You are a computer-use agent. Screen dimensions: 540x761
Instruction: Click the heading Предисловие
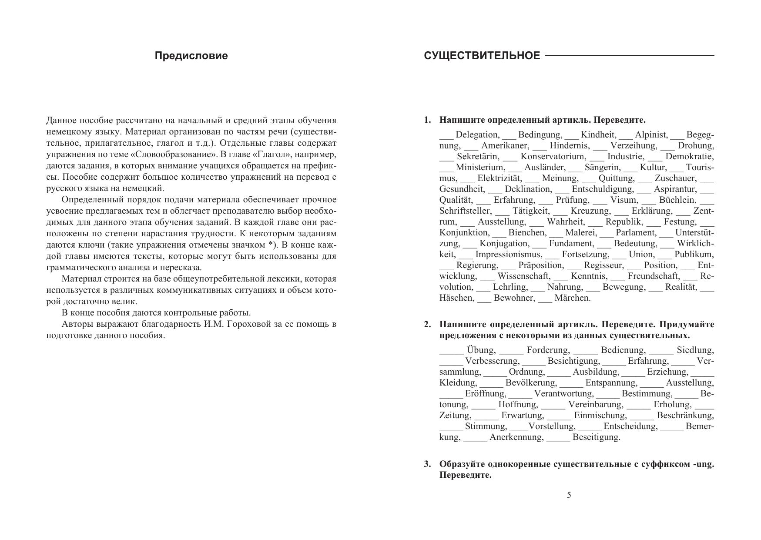click(x=191, y=56)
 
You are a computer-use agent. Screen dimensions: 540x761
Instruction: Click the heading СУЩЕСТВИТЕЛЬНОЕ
click(x=482, y=56)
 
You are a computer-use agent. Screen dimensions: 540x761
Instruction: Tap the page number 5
click(x=569, y=495)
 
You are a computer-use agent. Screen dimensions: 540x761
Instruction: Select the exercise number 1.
click(x=427, y=120)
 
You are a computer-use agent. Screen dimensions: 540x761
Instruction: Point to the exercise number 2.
click(x=427, y=325)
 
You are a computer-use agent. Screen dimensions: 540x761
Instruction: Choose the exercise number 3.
click(x=427, y=464)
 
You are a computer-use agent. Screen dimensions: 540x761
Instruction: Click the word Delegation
click(x=477, y=135)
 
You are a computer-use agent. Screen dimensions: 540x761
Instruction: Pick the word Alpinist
click(x=651, y=135)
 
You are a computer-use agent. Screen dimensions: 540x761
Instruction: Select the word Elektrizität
click(x=499, y=178)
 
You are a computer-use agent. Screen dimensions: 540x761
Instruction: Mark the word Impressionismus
click(x=509, y=255)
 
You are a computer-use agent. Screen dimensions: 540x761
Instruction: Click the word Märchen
click(x=573, y=298)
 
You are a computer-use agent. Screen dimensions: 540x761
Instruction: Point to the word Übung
click(x=481, y=350)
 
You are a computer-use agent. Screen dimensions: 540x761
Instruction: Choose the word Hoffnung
click(x=518, y=405)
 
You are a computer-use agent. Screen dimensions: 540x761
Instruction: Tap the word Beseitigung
click(x=596, y=437)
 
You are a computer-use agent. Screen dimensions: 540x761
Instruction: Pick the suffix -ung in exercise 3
click(x=703, y=464)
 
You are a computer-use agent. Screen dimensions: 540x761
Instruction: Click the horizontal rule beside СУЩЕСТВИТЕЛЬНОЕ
click(x=629, y=56)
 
